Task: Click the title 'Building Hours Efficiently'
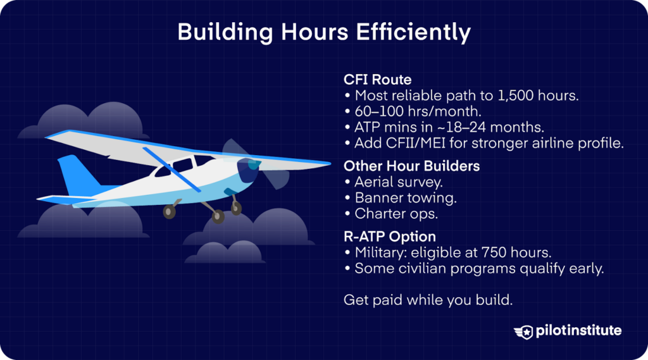click(323, 32)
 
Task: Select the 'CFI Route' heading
click(377, 80)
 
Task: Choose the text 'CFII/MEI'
click(408, 144)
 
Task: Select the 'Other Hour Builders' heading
click(411, 166)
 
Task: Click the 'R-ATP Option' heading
click(389, 237)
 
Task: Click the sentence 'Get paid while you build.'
click(428, 299)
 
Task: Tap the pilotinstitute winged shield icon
click(524, 331)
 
